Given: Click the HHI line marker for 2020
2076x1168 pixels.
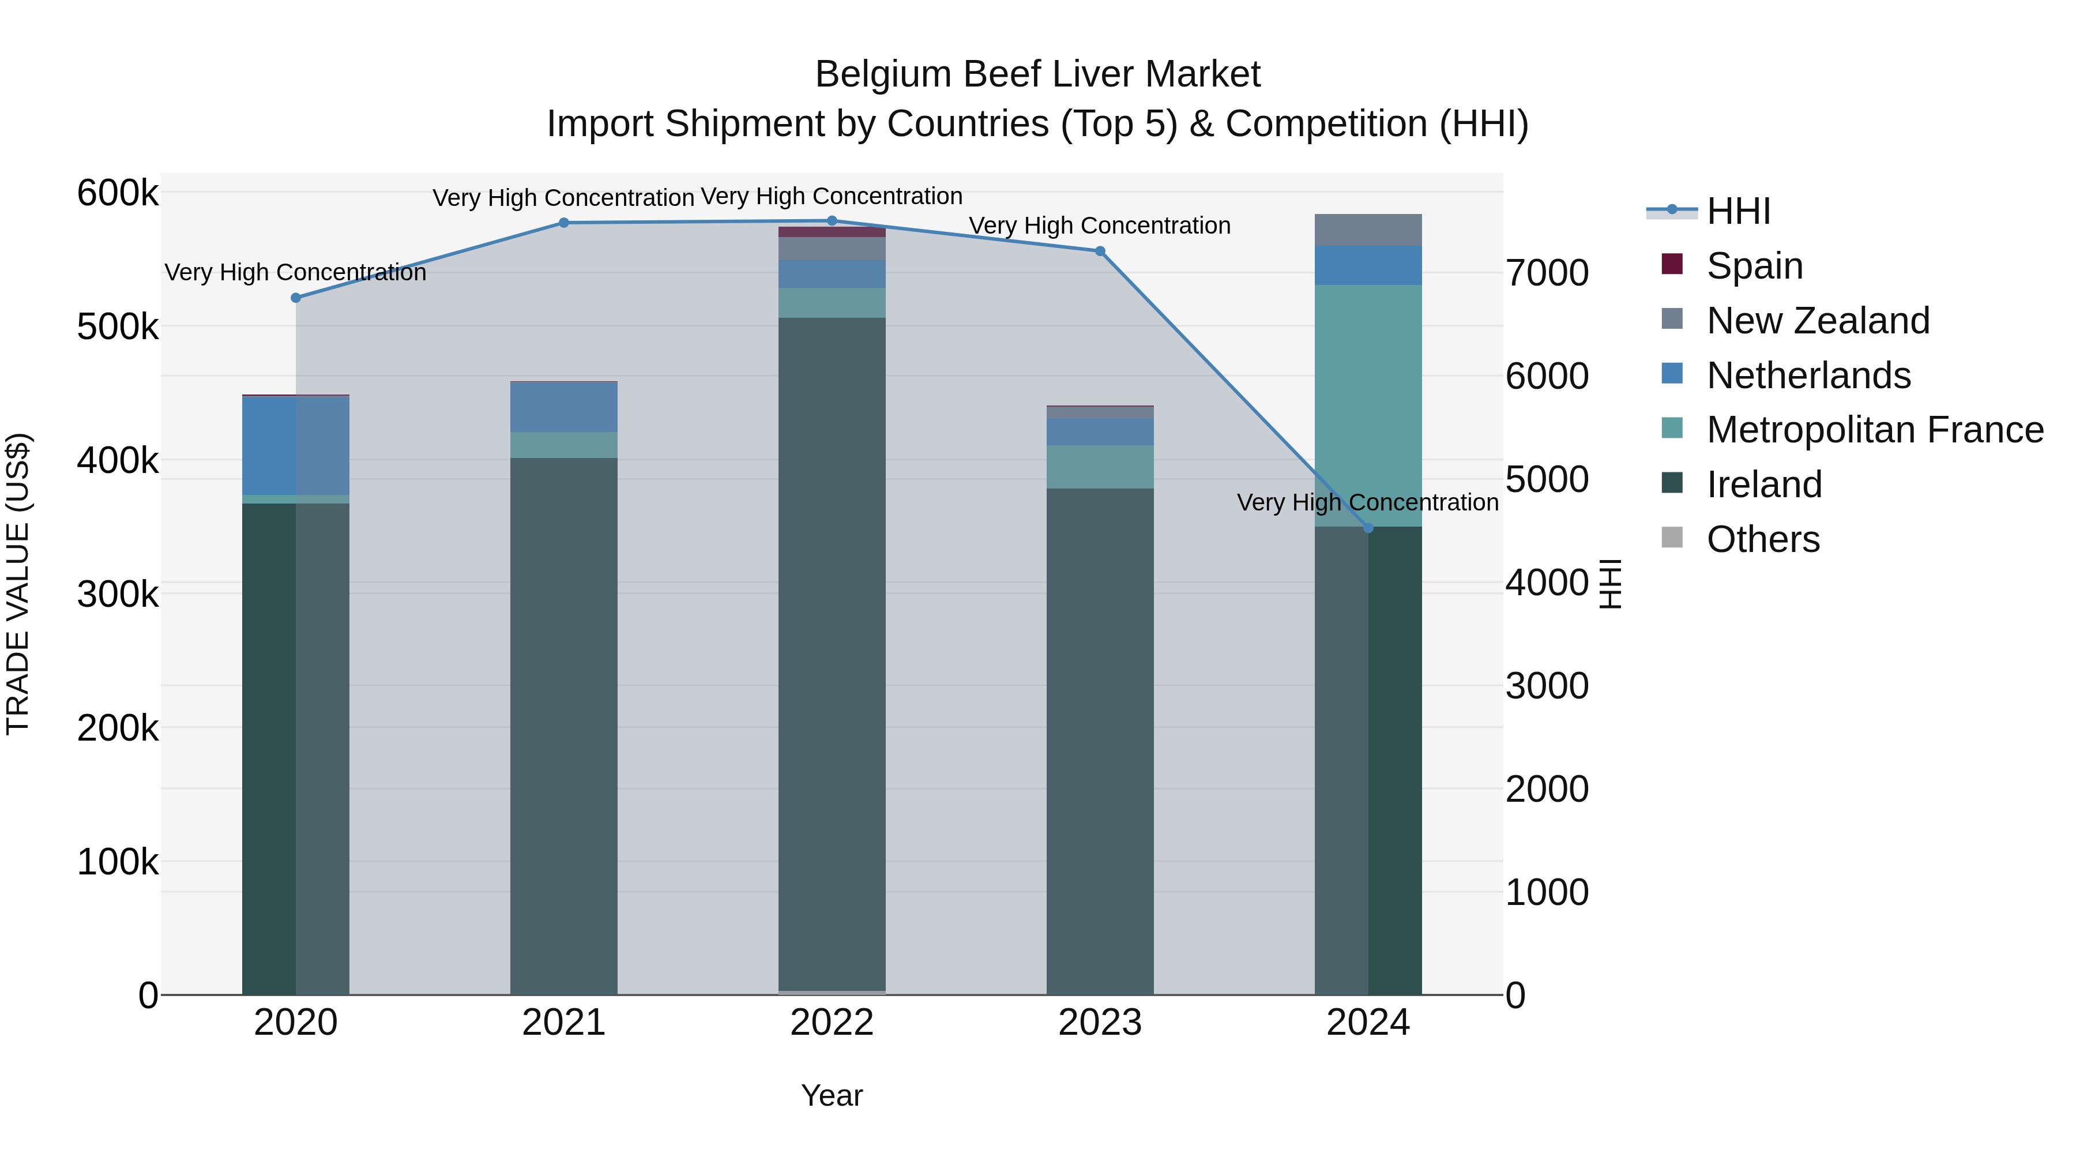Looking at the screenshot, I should (x=296, y=298).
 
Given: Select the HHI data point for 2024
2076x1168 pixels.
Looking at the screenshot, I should (x=1368, y=528).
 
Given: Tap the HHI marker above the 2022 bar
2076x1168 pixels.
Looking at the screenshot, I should (x=832, y=221).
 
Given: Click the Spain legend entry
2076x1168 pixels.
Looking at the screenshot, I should (x=1754, y=266).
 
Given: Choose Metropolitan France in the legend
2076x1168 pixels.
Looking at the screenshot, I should (x=1875, y=430).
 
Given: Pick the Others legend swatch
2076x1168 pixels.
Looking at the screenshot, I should (x=1672, y=538).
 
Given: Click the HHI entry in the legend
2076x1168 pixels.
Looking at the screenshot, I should (x=1737, y=211).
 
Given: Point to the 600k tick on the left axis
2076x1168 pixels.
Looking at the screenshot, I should (x=118, y=193).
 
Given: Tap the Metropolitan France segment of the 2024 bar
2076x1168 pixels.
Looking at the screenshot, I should (x=1368, y=403).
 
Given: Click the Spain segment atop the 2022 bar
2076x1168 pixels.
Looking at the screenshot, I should (x=832, y=232).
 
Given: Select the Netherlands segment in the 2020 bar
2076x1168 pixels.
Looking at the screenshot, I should (x=296, y=445).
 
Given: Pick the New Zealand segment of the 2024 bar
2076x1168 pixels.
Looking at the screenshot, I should (x=1368, y=230).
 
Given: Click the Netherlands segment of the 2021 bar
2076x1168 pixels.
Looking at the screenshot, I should (x=563, y=407).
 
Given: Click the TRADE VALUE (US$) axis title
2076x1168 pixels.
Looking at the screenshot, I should (x=18, y=584).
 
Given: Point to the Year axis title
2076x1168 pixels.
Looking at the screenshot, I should (x=832, y=1095).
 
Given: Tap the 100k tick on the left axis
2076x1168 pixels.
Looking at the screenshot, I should (x=118, y=862).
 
